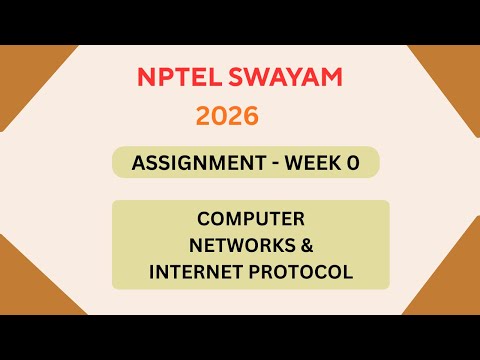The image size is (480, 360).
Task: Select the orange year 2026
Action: click(227, 116)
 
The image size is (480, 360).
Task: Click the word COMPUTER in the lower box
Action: click(250, 219)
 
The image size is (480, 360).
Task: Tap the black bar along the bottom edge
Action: click(240, 337)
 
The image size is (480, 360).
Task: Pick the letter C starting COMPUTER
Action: click(203, 219)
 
